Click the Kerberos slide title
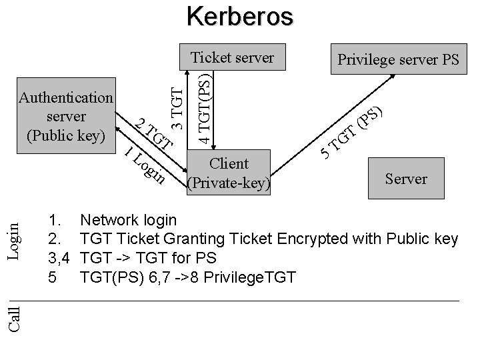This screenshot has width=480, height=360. pyautogui.click(x=239, y=16)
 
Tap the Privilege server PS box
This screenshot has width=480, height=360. pyautogui.click(x=398, y=60)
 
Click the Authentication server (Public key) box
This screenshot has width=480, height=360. pyautogui.click(x=66, y=117)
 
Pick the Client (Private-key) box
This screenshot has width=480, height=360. pyautogui.click(x=229, y=173)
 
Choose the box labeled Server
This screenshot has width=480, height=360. pyautogui.click(x=406, y=179)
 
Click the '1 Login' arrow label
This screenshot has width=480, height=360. pyautogui.click(x=145, y=165)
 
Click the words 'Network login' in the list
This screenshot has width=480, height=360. pyautogui.click(x=128, y=221)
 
